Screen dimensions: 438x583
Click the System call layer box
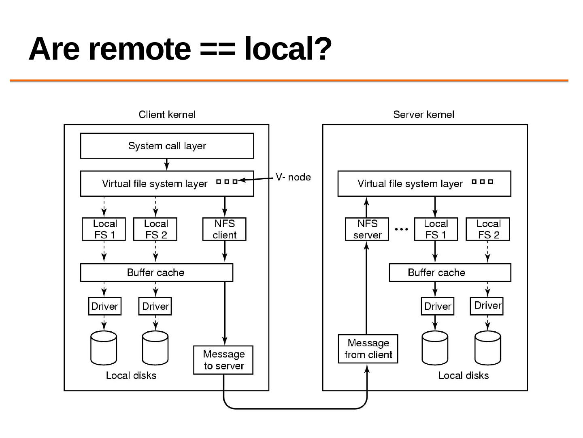pyautogui.click(x=167, y=146)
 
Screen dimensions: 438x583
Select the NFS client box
pyautogui.click(x=224, y=229)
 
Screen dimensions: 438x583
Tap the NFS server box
pyautogui.click(x=367, y=229)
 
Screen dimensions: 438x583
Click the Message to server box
pyautogui.click(x=223, y=360)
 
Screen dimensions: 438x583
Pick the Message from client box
pyautogui.click(x=368, y=349)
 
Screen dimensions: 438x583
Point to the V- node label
pyautogui.click(x=293, y=177)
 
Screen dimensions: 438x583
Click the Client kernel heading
pyautogui.click(x=167, y=115)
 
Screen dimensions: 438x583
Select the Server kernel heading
pyautogui.click(x=423, y=115)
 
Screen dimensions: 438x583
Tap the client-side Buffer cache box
pyautogui.click(x=156, y=273)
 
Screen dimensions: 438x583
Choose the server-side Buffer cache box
pyautogui.click(x=450, y=273)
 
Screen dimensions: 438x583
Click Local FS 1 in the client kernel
pyautogui.click(x=104, y=229)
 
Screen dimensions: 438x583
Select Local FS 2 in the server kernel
pyautogui.click(x=488, y=229)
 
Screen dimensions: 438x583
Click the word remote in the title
pyautogui.click(x=139, y=49)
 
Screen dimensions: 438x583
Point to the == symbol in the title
pyautogui.click(x=217, y=49)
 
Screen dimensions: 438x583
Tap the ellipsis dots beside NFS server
pyautogui.click(x=401, y=230)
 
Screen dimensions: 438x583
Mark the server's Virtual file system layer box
pyautogui.click(x=424, y=184)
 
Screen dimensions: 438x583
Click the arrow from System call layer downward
pyautogui.click(x=167, y=164)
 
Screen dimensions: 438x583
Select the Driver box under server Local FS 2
pyautogui.click(x=487, y=306)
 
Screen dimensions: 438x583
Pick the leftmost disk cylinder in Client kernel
pyautogui.click(x=104, y=348)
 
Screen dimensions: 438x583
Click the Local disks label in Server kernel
pyautogui.click(x=464, y=376)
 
